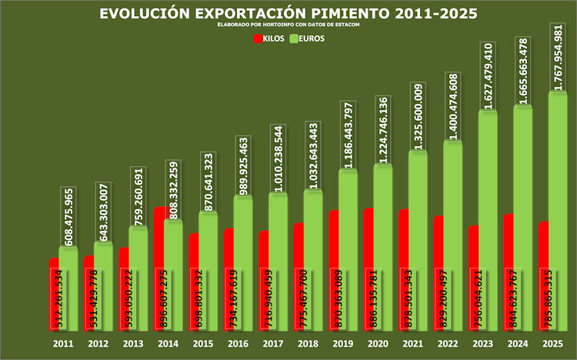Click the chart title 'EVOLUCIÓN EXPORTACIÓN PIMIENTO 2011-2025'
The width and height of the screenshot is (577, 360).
(288, 14)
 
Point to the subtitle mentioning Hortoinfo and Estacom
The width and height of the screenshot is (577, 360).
(288, 25)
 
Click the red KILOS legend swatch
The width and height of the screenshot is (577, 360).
(258, 38)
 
